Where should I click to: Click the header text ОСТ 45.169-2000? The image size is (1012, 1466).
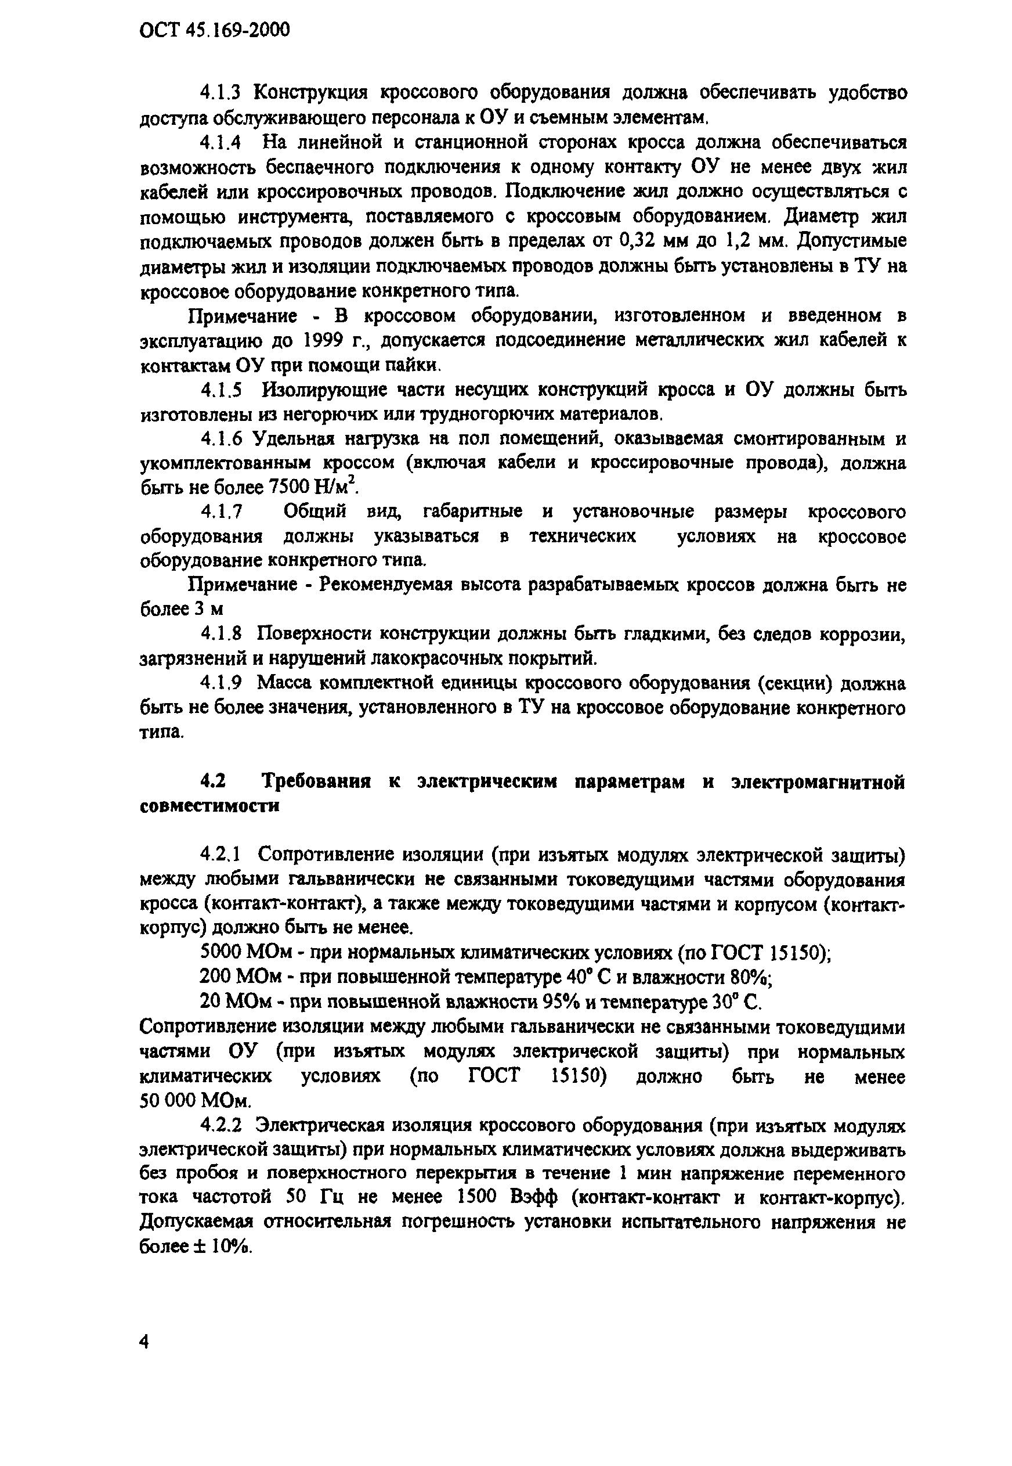click(214, 29)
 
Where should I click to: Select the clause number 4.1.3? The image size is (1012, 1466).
click(221, 93)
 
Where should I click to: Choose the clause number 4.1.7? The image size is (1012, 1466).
click(221, 512)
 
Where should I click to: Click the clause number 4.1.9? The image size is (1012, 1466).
click(221, 683)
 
